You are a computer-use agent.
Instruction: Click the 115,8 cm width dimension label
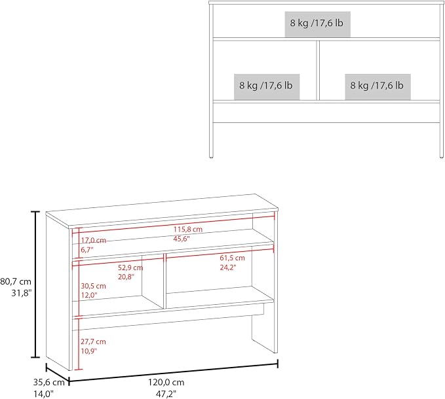pyautogui.click(x=188, y=229)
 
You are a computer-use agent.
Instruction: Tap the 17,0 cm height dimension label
pyautogui.click(x=93, y=241)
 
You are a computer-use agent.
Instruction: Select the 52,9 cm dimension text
pyautogui.click(x=130, y=268)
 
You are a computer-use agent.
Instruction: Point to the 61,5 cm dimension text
pyautogui.click(x=232, y=258)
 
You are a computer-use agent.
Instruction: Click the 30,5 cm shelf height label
pyautogui.click(x=93, y=286)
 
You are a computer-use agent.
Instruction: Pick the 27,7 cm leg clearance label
pyautogui.click(x=93, y=341)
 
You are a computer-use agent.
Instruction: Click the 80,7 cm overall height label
pyautogui.click(x=16, y=281)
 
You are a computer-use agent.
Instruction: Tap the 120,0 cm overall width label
pyautogui.click(x=166, y=382)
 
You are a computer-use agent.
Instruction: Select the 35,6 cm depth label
pyautogui.click(x=48, y=382)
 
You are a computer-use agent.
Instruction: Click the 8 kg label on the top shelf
pyautogui.click(x=317, y=23)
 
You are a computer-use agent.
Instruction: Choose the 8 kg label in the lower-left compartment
pyautogui.click(x=266, y=85)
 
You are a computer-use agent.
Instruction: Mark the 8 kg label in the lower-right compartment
pyautogui.click(x=377, y=85)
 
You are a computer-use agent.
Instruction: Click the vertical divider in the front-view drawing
pyautogui.click(x=318, y=70)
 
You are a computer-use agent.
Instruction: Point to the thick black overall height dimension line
pyautogui.click(x=35, y=285)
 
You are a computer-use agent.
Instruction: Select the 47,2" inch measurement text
pyautogui.click(x=166, y=394)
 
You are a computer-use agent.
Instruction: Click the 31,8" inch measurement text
pyautogui.click(x=22, y=293)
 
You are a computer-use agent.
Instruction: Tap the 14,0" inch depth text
pyautogui.click(x=43, y=394)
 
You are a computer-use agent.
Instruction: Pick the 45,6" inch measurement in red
pyautogui.click(x=182, y=239)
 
